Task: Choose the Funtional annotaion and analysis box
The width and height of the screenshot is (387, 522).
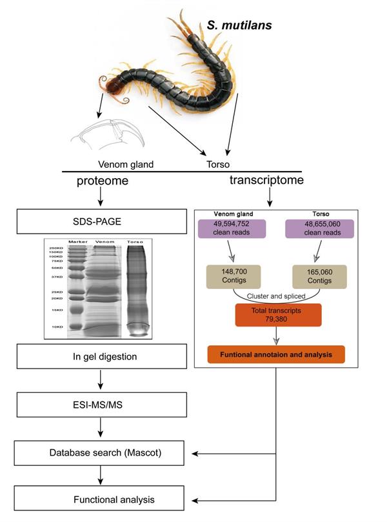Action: (x=275, y=354)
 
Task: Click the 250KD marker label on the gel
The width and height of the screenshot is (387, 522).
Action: (x=55, y=248)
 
